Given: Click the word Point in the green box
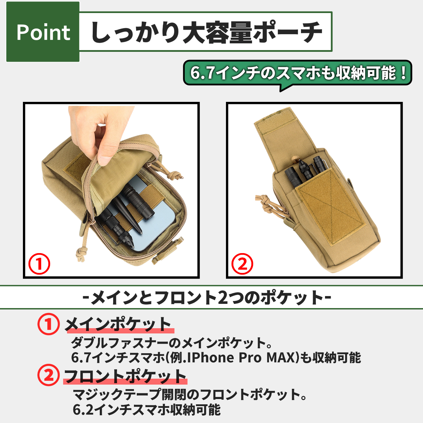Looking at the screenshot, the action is pyautogui.click(x=43, y=32).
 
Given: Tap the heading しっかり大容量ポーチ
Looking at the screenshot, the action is pyautogui.click(x=206, y=32).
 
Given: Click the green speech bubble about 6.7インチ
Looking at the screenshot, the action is pyautogui.click(x=298, y=73).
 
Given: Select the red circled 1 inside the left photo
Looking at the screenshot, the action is pyautogui.click(x=39, y=264).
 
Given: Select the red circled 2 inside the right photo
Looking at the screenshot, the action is pyautogui.click(x=242, y=264).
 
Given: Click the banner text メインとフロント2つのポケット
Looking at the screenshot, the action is pyautogui.click(x=207, y=298).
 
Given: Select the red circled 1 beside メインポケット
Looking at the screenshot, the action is pyautogui.click(x=49, y=324).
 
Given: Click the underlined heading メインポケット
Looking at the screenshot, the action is pyautogui.click(x=118, y=324).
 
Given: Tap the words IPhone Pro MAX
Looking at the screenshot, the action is pyautogui.click(x=241, y=357).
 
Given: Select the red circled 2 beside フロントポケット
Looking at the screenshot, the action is pyautogui.click(x=49, y=375).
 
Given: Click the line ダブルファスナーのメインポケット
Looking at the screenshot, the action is pyautogui.click(x=172, y=342).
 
